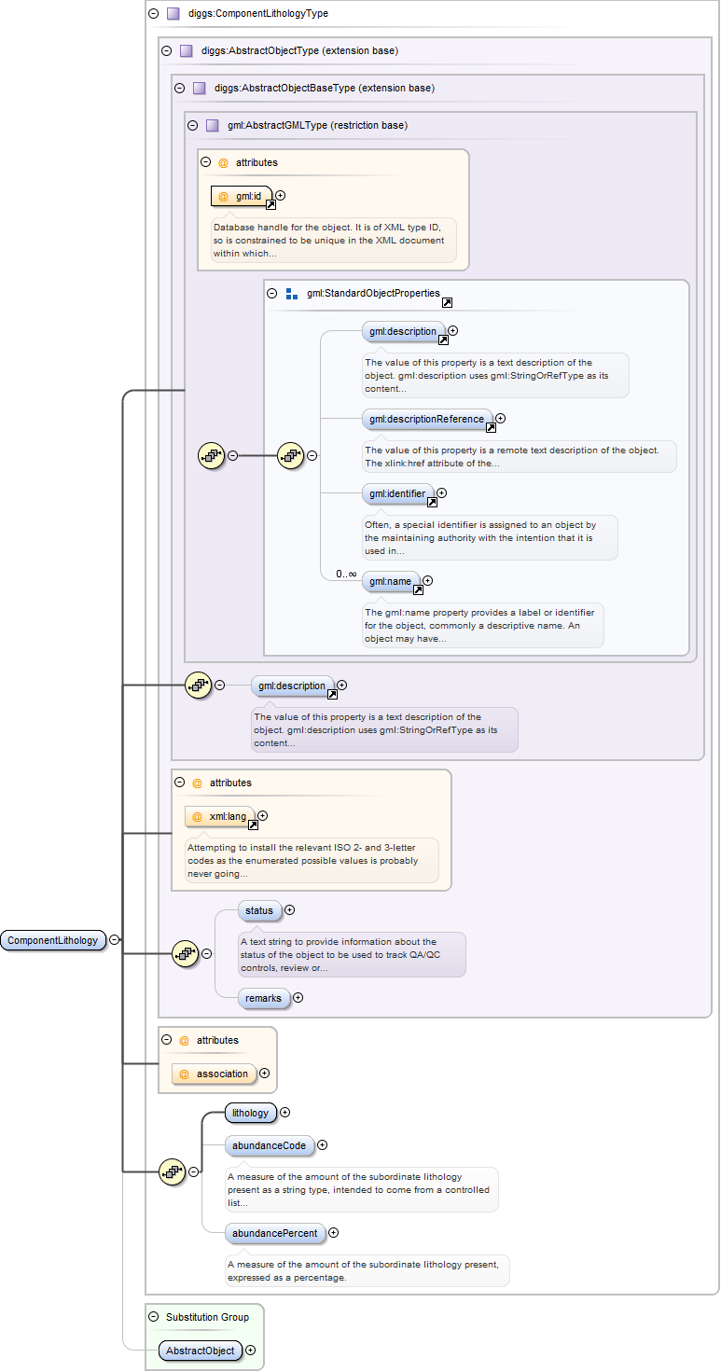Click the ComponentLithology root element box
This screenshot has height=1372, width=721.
click(53, 940)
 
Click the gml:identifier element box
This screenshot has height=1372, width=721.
click(397, 493)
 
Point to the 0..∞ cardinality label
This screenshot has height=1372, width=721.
click(346, 574)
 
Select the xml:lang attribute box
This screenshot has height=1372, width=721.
click(220, 816)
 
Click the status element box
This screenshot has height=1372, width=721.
click(259, 910)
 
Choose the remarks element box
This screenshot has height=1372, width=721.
click(263, 998)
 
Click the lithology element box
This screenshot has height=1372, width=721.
click(250, 1113)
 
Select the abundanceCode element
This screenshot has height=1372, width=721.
click(269, 1145)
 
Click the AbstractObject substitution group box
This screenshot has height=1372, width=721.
click(201, 1350)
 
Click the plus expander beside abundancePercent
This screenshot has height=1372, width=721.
click(334, 1233)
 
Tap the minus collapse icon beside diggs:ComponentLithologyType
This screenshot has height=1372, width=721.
click(154, 14)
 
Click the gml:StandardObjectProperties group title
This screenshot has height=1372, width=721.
click(373, 293)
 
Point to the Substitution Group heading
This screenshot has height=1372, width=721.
click(207, 1317)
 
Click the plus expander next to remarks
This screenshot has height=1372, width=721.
click(298, 998)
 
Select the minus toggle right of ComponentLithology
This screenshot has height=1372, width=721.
click(115, 940)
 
